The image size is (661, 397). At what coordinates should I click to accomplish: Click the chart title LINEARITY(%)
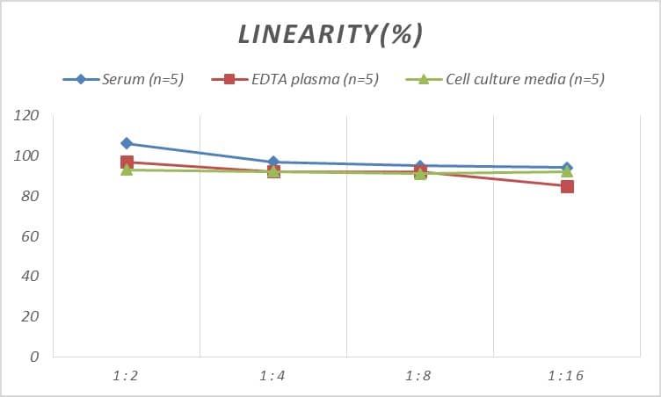click(x=330, y=34)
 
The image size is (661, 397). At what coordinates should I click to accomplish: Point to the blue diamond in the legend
click(x=81, y=79)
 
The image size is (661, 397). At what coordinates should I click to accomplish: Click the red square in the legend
click(x=229, y=79)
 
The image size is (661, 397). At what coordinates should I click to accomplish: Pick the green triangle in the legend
click(x=423, y=79)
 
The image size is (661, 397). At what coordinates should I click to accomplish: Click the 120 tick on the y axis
click(x=27, y=116)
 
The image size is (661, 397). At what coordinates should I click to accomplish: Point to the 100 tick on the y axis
click(x=27, y=156)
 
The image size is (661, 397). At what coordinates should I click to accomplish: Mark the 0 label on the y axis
click(x=34, y=357)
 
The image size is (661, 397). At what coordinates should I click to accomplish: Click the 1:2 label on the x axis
click(x=126, y=375)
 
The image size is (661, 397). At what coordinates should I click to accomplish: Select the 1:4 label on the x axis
click(x=272, y=375)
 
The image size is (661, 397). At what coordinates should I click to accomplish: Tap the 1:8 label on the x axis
click(x=419, y=375)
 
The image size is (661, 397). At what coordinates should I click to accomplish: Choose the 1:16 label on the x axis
click(x=566, y=375)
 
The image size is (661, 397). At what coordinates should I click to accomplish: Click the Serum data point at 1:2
click(x=127, y=143)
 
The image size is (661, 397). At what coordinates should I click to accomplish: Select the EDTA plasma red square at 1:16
click(x=567, y=186)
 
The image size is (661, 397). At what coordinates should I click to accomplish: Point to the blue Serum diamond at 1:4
click(x=273, y=162)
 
